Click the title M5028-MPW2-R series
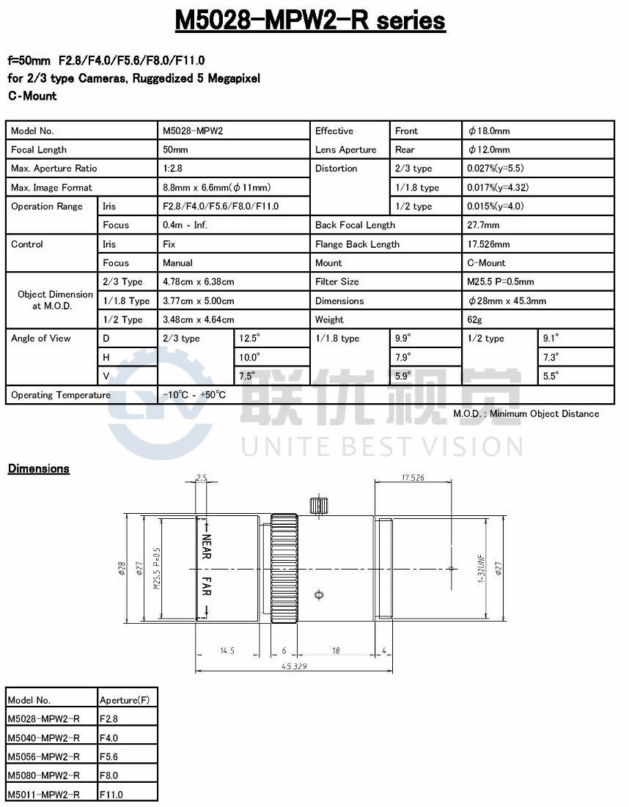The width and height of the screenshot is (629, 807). tap(310, 21)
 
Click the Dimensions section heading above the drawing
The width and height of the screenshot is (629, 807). tap(38, 469)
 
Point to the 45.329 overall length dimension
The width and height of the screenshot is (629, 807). tap(293, 666)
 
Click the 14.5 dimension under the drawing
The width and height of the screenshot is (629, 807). tap(227, 650)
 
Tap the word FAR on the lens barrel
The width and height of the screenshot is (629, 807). tap(207, 588)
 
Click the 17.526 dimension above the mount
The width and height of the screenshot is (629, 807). tap(413, 478)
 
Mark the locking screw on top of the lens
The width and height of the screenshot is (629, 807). tap(317, 506)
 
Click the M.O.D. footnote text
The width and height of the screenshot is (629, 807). tap(526, 414)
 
